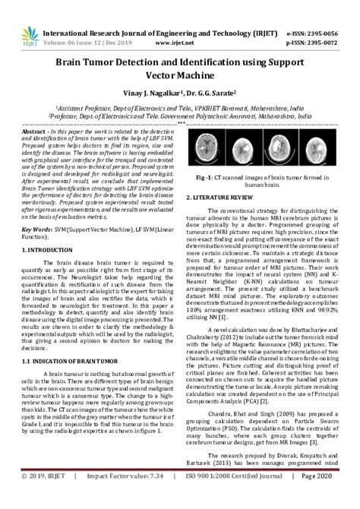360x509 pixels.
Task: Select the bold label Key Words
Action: [x=36, y=228]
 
